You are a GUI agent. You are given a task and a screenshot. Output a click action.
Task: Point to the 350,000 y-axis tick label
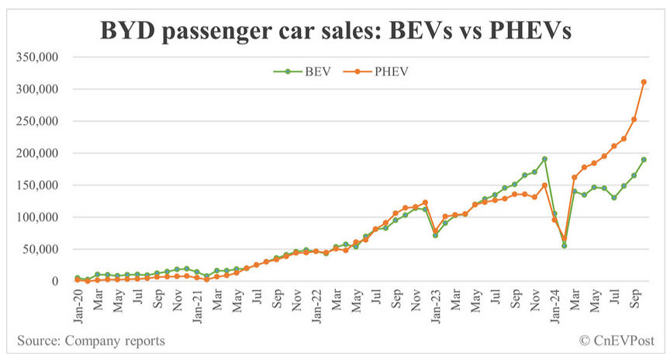38,57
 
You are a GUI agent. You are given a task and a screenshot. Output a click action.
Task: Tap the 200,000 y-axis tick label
38,154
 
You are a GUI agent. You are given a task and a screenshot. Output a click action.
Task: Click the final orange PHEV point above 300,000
644,81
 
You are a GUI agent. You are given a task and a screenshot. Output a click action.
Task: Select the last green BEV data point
644,160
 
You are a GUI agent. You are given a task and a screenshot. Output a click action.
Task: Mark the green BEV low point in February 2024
565,246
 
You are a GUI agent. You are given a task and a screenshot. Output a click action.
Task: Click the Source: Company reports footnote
90,341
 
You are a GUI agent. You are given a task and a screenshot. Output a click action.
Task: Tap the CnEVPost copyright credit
617,341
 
